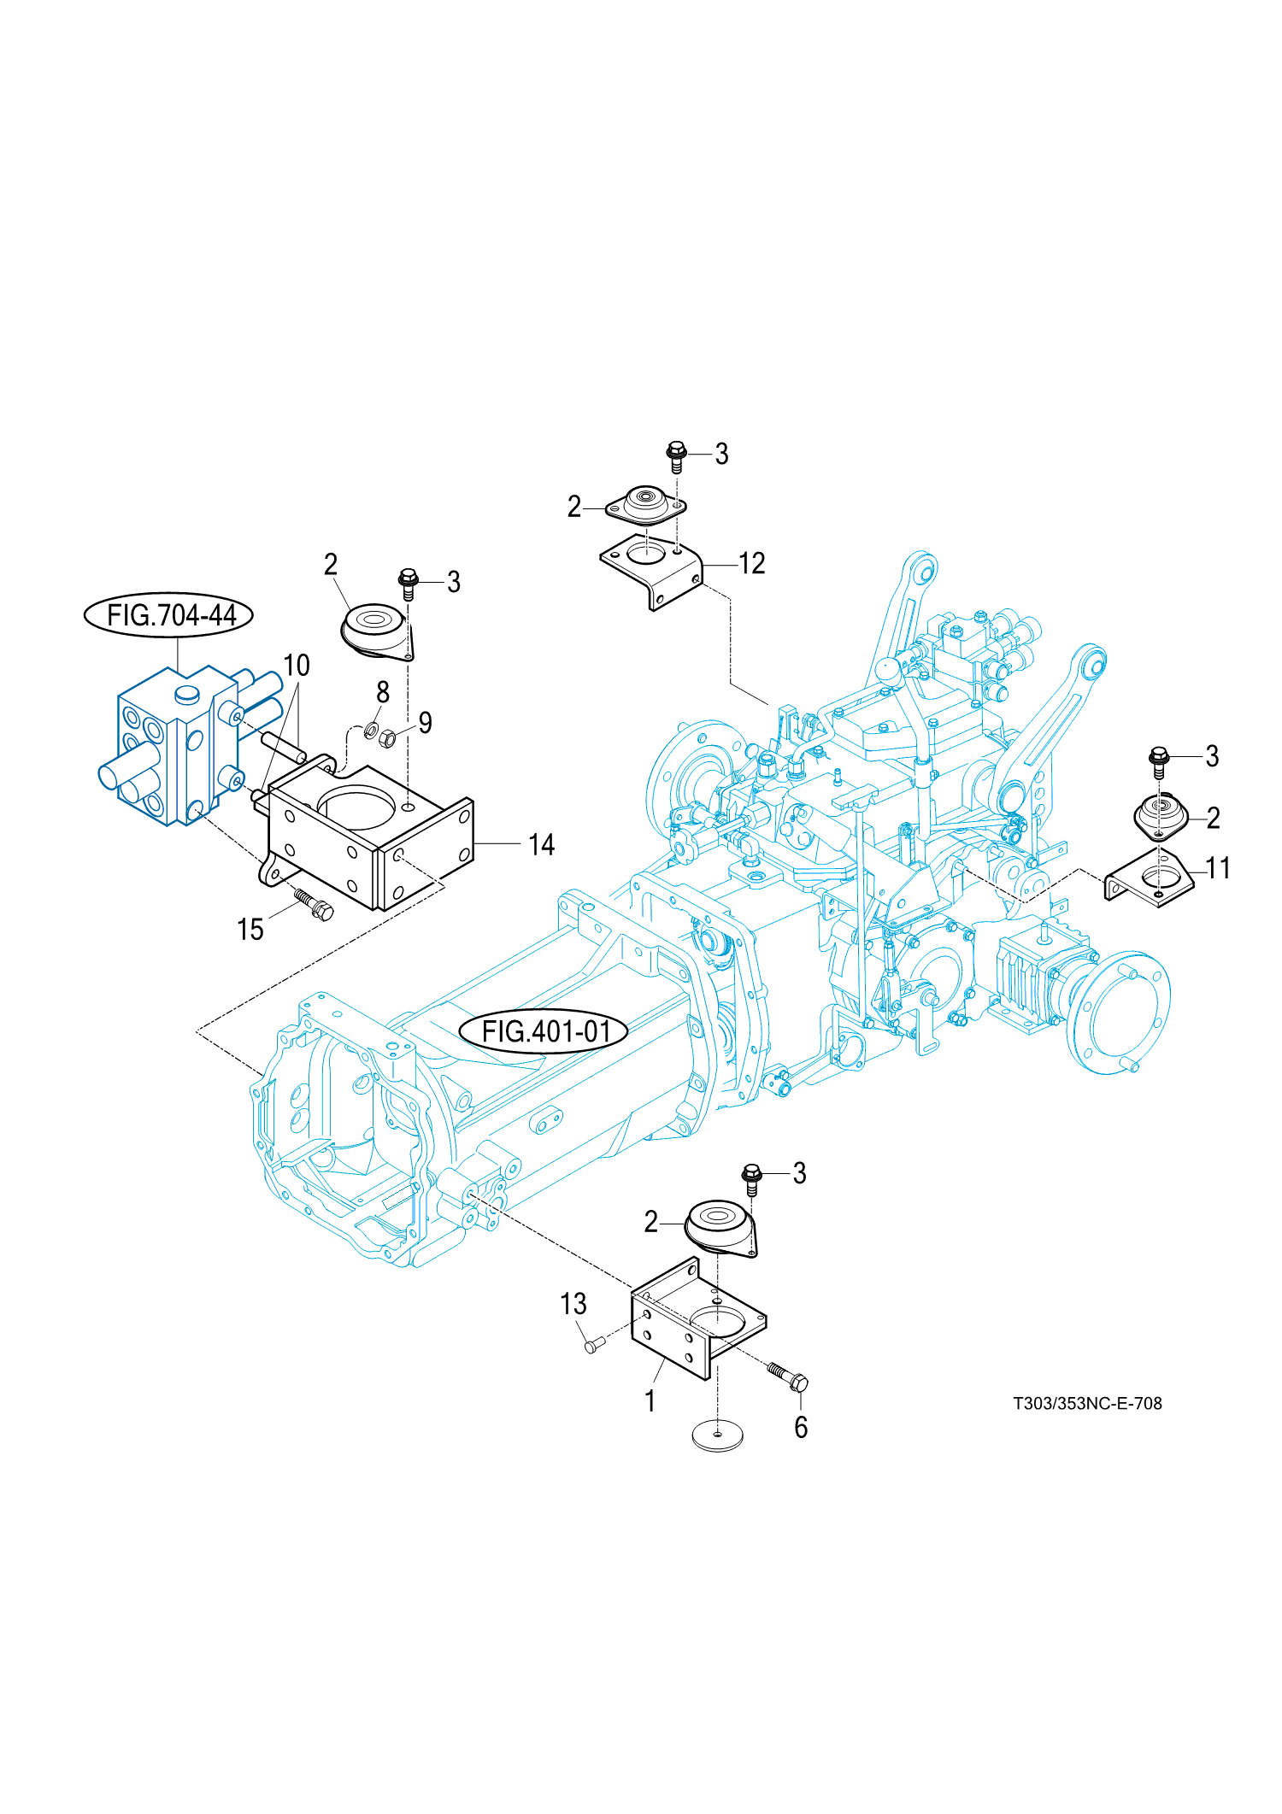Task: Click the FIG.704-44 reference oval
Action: pos(168,614)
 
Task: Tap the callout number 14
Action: pos(541,845)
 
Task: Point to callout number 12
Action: pos(751,564)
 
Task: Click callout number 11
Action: pos(1217,868)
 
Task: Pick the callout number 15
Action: pos(250,930)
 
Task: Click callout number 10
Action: pos(296,665)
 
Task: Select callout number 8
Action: pos(383,692)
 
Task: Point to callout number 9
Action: pos(425,723)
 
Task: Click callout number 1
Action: pos(650,1400)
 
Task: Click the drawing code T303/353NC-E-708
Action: pos(1087,1403)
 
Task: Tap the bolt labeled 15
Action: pos(314,903)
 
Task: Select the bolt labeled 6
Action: pos(788,1375)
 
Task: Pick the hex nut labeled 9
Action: pos(386,737)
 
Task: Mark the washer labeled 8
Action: pos(372,730)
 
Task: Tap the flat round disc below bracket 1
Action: pos(717,1435)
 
